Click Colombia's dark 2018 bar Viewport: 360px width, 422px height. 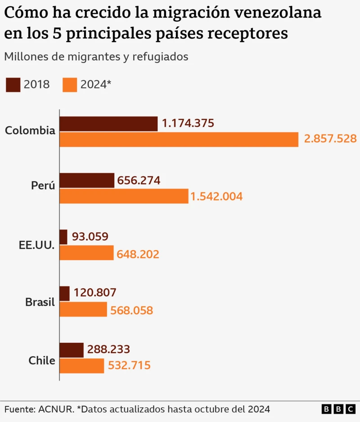pyautogui.click(x=108, y=124)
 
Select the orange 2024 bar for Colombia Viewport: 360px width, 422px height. pyautogui.click(x=179, y=139)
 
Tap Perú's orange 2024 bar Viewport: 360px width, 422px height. pyautogui.click(x=124, y=196)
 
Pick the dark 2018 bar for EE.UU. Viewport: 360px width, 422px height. pyautogui.click(x=63, y=237)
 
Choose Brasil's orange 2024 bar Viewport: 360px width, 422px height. pyautogui.click(x=83, y=310)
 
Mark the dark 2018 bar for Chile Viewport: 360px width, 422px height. pyautogui.click(x=72, y=350)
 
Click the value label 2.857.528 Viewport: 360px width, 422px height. pyautogui.click(x=330, y=139)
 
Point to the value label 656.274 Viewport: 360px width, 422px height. pyautogui.click(x=139, y=180)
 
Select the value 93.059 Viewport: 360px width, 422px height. pyautogui.click(x=90, y=237)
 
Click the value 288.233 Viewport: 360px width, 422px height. pyautogui.click(x=108, y=349)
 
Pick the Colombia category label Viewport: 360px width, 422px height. pyautogui.click(x=30, y=131)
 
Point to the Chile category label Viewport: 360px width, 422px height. pyautogui.click(x=41, y=360)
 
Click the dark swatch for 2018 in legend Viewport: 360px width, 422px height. pyautogui.click(x=13, y=84)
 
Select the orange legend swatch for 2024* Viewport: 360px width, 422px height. pyautogui.click(x=70, y=84)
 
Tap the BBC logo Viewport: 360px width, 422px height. pyautogui.click(x=338, y=409)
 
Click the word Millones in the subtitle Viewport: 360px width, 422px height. pyautogui.click(x=25, y=57)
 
